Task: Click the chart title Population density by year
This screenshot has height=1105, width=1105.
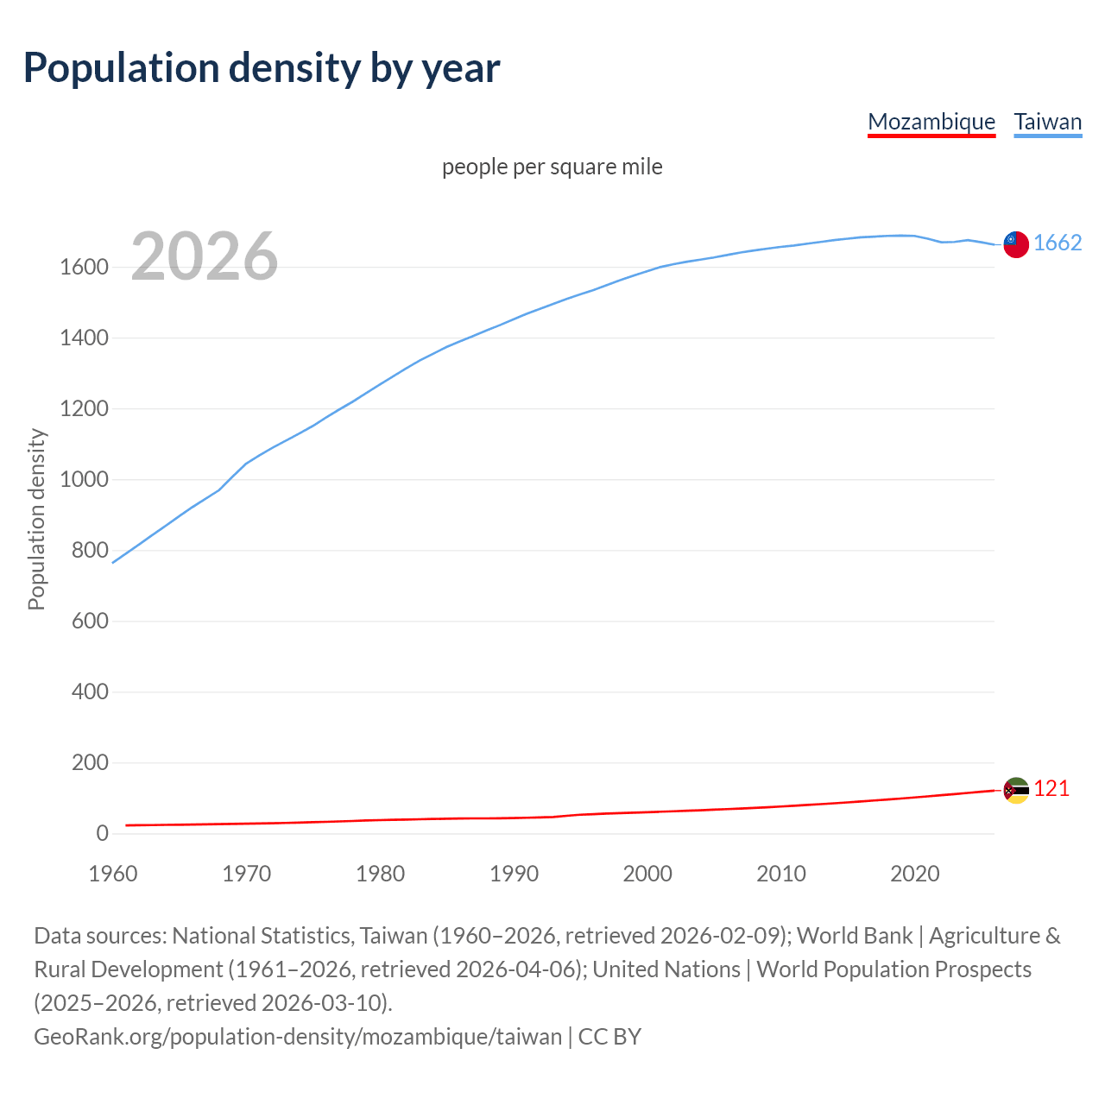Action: [x=262, y=68]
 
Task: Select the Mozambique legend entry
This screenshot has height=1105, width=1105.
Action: [x=931, y=122]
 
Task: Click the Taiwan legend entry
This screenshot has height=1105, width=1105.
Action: [x=1047, y=122]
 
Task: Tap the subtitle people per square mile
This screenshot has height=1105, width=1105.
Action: [x=552, y=167]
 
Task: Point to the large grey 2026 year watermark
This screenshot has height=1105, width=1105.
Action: [x=205, y=256]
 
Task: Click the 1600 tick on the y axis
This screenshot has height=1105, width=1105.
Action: [x=84, y=268]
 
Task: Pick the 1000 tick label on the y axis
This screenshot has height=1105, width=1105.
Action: [x=84, y=480]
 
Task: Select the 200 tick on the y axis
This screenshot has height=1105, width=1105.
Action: [x=90, y=763]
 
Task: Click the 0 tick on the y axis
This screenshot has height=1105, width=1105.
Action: [x=102, y=834]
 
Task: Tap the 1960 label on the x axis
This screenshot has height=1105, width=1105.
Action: [x=113, y=874]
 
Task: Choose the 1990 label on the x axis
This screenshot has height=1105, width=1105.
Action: [x=514, y=874]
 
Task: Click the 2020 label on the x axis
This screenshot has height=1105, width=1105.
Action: [x=914, y=874]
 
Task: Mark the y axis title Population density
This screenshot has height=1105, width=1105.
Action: [x=36, y=520]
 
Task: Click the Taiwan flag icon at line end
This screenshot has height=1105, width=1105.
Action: [x=1016, y=244]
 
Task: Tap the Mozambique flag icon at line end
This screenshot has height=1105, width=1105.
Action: [x=1016, y=790]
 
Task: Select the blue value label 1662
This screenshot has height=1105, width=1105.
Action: [x=1058, y=243]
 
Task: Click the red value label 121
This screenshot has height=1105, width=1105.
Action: [x=1051, y=789]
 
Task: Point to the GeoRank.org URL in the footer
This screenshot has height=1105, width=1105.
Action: [x=298, y=1037]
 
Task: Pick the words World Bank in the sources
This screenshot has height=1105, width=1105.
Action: [x=854, y=936]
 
